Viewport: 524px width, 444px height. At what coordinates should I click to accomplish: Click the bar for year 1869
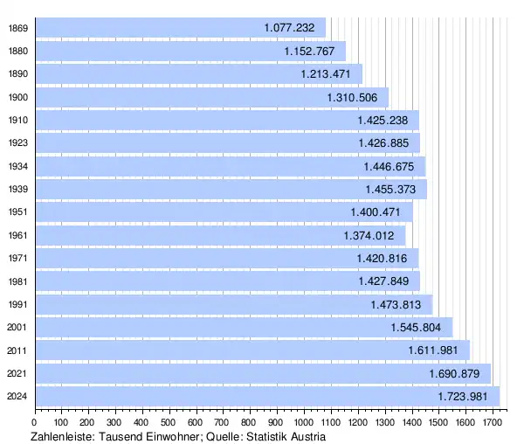coord(182,28)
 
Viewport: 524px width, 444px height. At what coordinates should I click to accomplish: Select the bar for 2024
coord(269,397)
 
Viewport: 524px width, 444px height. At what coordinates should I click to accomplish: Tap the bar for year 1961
coord(222,236)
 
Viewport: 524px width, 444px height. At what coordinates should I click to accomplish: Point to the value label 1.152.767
coord(309,52)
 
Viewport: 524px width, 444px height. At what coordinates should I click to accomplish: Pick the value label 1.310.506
coord(353,98)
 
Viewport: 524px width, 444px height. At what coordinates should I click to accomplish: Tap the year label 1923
coord(17,143)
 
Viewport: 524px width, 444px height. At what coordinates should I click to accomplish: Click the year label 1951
coord(17,212)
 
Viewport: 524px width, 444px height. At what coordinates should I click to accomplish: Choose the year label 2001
coord(17,328)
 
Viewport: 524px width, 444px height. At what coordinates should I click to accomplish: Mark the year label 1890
coord(17,74)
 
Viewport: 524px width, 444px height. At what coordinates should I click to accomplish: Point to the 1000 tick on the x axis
coord(304,423)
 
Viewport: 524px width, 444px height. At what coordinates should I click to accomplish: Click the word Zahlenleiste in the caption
coord(63,436)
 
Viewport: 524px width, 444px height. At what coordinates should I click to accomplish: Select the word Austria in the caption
coord(306,436)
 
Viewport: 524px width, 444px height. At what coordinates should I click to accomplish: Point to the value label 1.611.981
coord(434,350)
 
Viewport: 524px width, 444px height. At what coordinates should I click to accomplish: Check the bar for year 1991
coord(235,305)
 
